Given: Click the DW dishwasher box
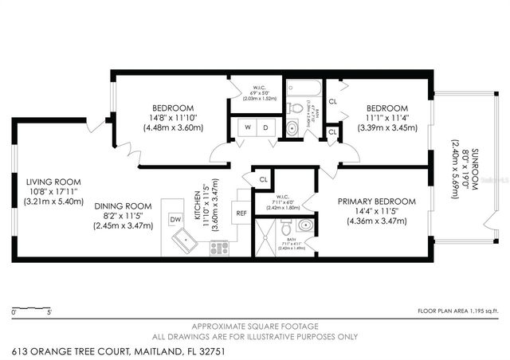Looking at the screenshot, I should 175,217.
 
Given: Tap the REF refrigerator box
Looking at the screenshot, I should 241,213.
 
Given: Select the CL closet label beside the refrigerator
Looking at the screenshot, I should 263,180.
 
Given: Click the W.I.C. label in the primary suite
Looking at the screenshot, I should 288,201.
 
